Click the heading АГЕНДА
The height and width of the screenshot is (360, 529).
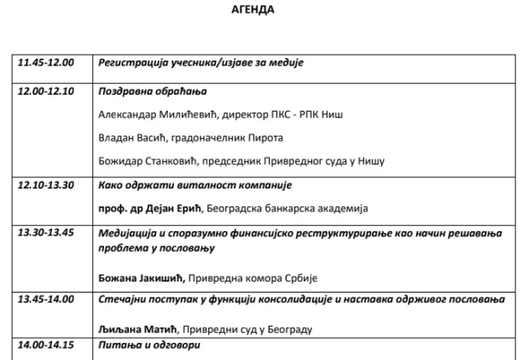(253, 11)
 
